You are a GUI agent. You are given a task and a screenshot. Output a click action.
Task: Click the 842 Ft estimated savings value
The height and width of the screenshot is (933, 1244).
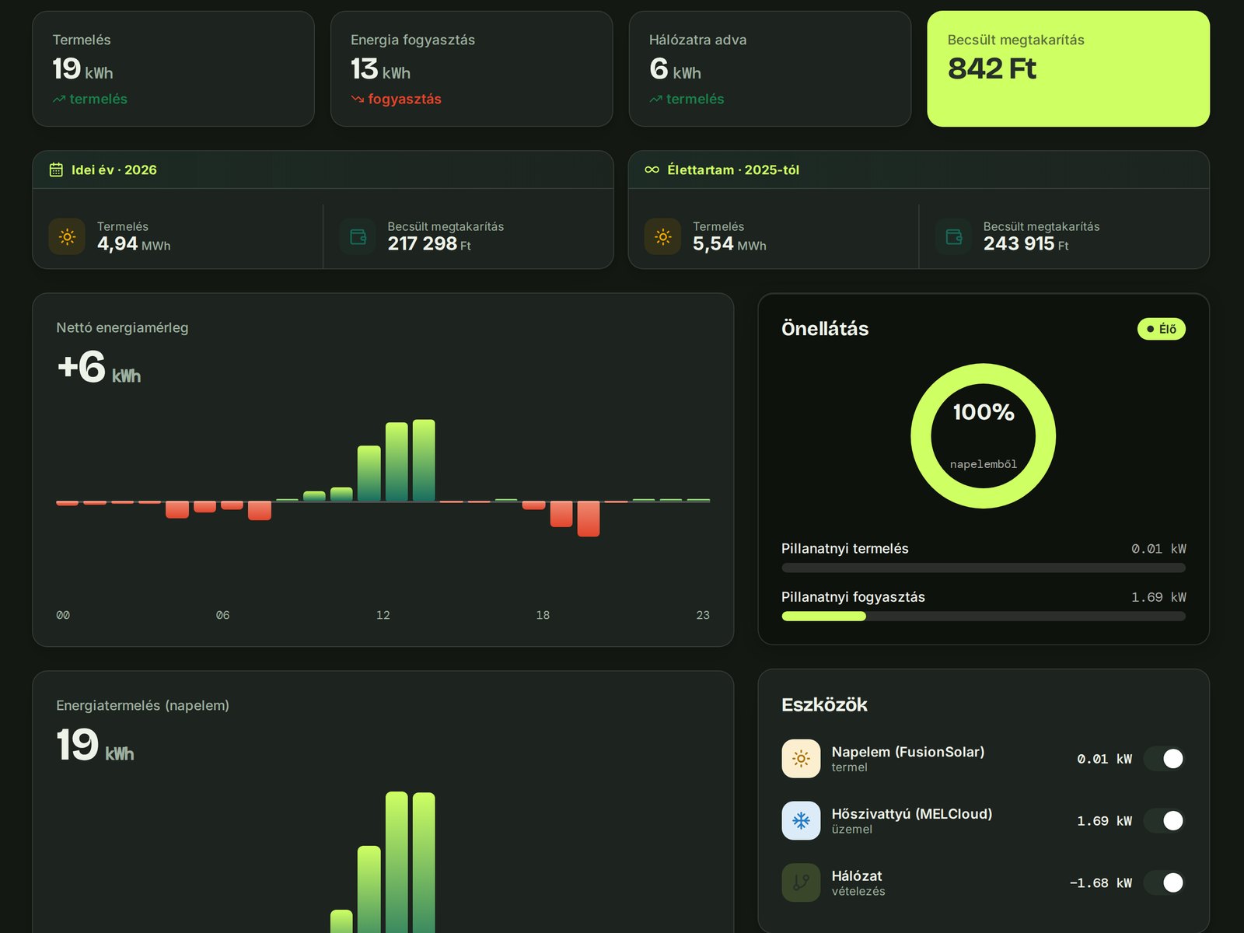[992, 68]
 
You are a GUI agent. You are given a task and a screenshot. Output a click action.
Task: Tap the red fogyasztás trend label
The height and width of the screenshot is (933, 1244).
[404, 100]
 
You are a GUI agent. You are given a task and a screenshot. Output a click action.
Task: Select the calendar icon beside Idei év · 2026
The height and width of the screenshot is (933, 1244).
[56, 170]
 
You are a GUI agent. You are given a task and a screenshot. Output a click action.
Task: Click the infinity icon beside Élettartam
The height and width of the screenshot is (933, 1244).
[652, 170]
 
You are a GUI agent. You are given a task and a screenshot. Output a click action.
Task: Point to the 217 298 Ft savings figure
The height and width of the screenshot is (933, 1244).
[429, 243]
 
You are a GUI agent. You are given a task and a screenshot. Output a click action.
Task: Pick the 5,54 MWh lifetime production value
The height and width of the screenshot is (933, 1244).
[729, 243]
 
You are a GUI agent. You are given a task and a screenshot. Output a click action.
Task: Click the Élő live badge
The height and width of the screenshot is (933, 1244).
[1162, 329]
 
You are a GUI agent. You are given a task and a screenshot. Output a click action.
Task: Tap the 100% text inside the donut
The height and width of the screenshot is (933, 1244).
[984, 412]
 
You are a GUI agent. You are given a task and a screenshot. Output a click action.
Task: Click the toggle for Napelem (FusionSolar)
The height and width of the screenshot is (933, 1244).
[1165, 759]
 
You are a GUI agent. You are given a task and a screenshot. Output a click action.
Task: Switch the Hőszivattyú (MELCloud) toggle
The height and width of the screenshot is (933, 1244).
[1165, 820]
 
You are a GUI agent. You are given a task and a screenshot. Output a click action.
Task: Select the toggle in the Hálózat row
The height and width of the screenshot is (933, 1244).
[1165, 882]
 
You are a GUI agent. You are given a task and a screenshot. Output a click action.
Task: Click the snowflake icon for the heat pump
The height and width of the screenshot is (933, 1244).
[801, 820]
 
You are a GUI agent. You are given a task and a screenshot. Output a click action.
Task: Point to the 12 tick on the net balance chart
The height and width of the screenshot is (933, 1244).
[383, 615]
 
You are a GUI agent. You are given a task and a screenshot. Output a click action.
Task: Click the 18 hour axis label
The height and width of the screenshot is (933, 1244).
[543, 615]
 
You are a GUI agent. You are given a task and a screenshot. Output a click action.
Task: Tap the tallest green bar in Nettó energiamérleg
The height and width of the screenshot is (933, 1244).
[424, 460]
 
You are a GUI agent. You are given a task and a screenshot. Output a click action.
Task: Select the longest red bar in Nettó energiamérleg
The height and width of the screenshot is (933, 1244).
[589, 519]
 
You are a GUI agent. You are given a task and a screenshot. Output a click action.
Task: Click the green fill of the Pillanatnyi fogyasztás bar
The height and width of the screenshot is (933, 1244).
[823, 617]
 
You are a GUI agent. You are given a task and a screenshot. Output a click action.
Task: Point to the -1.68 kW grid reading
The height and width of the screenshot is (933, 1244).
[1101, 882]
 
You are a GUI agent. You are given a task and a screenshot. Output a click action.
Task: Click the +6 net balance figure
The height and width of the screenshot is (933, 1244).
[82, 366]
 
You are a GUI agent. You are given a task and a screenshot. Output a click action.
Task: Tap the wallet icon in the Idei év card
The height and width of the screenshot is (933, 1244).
[358, 237]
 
